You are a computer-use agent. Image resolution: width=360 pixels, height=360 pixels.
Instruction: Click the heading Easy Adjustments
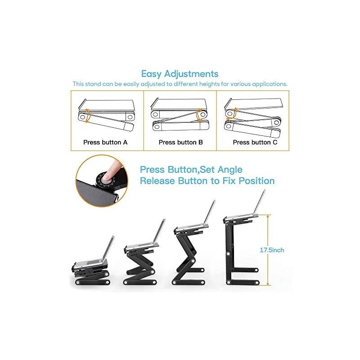click(x=180, y=74)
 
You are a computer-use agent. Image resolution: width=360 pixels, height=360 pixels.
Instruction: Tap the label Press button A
click(x=106, y=142)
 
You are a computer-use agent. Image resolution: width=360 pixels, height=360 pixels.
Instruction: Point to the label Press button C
click(x=255, y=142)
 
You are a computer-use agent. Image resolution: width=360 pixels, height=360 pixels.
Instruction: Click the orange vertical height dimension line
click(x=268, y=250)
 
